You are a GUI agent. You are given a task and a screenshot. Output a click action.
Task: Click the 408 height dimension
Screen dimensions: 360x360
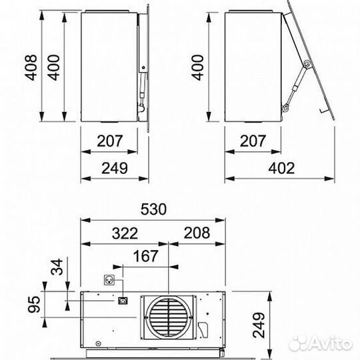click(x=31, y=67)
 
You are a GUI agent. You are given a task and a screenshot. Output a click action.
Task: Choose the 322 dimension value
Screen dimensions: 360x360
click(x=125, y=233)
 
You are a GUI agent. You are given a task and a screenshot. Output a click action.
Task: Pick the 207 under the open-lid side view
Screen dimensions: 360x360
click(x=253, y=141)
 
